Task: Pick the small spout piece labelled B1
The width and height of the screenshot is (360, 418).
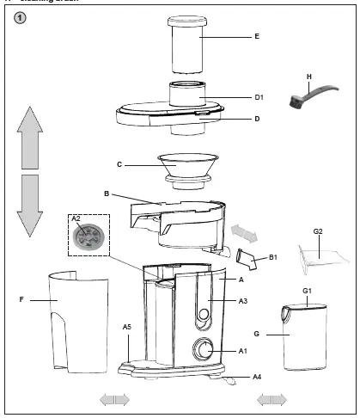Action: (x=246, y=256)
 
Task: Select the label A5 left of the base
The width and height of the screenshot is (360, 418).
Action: (x=126, y=328)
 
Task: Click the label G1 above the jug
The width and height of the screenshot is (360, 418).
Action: (x=308, y=291)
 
